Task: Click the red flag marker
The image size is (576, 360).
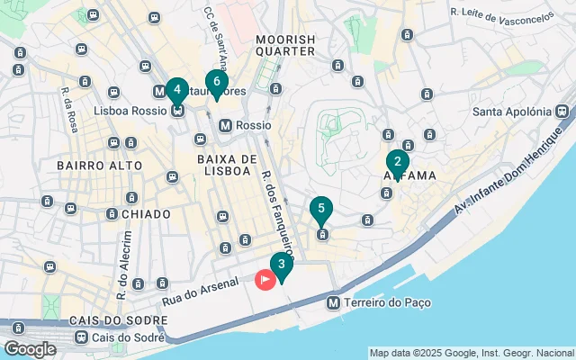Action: (265, 280)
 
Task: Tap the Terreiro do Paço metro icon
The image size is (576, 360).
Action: (335, 303)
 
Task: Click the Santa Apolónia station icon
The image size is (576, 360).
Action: (562, 112)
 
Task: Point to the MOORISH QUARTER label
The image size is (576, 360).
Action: (285, 45)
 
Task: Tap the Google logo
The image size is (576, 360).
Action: (30, 349)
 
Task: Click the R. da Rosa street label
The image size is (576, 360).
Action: (68, 110)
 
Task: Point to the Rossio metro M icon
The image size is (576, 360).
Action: (226, 126)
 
